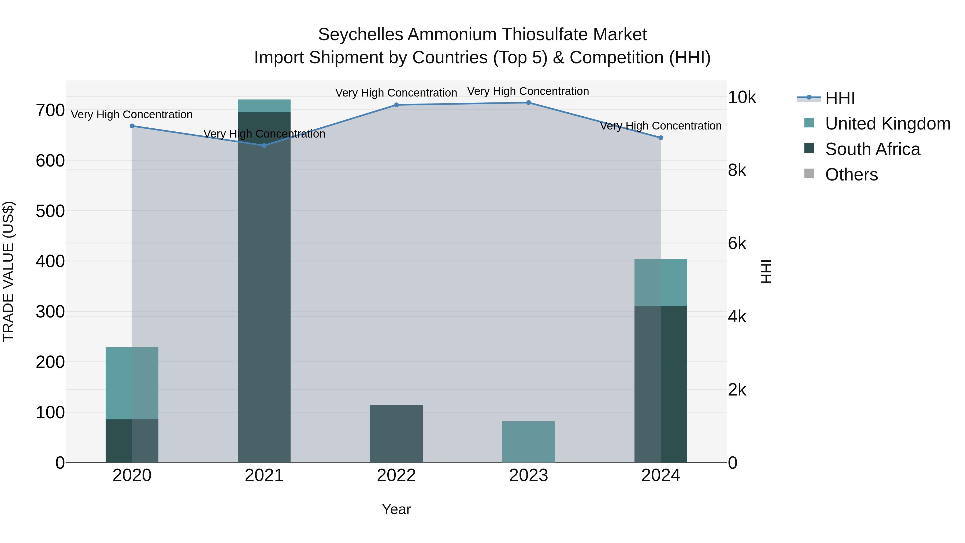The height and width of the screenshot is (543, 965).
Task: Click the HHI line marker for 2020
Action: pyautogui.click(x=132, y=126)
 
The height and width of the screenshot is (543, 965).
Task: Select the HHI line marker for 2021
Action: pyautogui.click(x=264, y=145)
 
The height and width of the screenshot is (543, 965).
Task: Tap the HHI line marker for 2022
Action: pyautogui.click(x=396, y=105)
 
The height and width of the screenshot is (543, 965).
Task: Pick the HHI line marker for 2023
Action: pyautogui.click(x=529, y=103)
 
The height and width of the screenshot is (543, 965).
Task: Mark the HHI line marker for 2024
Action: pyautogui.click(x=661, y=138)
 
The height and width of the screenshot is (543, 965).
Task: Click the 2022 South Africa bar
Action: pyautogui.click(x=396, y=434)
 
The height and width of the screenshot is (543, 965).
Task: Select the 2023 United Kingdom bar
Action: pyautogui.click(x=529, y=442)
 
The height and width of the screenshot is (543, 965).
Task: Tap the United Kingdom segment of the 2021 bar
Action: pyautogui.click(x=264, y=106)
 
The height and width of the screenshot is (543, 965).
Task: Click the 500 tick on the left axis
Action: pyautogui.click(x=50, y=211)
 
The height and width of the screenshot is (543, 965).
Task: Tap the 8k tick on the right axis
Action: pyautogui.click(x=737, y=171)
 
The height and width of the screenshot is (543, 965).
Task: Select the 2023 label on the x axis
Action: pyautogui.click(x=529, y=475)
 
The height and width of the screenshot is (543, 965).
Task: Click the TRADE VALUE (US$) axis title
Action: pyautogui.click(x=8, y=271)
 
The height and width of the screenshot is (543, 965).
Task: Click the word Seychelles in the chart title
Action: pyautogui.click(x=360, y=35)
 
